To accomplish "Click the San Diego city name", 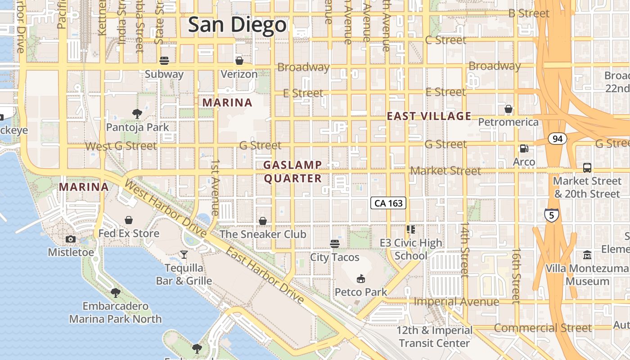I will [237, 25].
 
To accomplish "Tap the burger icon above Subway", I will [164, 61].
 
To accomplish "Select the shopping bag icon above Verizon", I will [239, 61].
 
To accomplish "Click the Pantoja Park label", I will [138, 127].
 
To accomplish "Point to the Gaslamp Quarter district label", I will [292, 172].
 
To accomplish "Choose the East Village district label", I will [429, 116].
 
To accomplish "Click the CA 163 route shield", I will [388, 203].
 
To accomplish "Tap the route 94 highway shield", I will [558, 139].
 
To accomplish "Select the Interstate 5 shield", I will [551, 215].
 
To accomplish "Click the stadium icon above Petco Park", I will [361, 279].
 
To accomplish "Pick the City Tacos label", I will [335, 257].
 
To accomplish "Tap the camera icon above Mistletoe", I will [71, 239].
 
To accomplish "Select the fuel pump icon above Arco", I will [524, 148].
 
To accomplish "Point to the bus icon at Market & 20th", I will [587, 168].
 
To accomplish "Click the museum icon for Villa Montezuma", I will [587, 255].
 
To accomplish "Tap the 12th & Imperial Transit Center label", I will [434, 337].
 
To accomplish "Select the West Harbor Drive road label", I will [165, 209].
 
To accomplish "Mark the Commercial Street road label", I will [543, 328].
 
